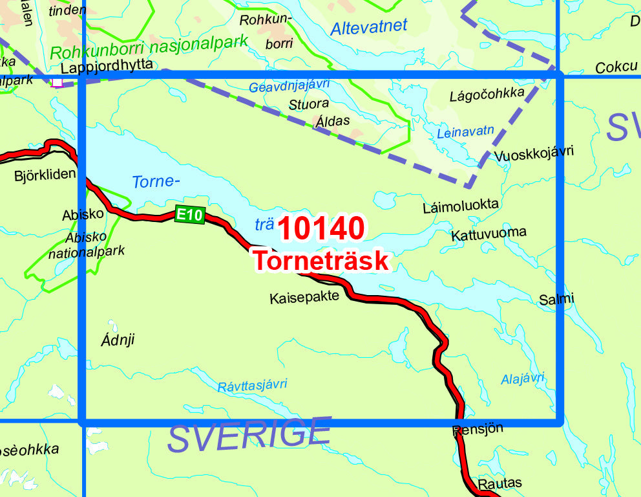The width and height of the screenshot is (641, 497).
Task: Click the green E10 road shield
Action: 189,215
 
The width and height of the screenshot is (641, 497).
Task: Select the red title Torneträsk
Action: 321,260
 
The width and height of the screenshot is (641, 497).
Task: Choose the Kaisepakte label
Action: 304,298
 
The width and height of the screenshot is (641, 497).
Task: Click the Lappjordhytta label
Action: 107,65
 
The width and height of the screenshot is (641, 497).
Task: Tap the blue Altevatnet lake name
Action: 368,27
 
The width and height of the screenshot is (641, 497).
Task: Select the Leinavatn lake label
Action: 465,132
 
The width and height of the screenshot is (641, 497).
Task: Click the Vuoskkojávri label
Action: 534,153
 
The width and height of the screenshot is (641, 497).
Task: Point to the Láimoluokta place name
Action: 461,206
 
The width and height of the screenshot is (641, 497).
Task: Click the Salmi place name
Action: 556,298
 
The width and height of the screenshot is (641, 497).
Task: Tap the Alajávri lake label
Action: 523,378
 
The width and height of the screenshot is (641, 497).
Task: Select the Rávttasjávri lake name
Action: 252,385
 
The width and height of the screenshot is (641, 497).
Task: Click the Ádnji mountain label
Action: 118,339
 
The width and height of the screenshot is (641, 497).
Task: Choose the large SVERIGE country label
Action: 249,436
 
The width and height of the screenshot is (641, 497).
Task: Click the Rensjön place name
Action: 478,428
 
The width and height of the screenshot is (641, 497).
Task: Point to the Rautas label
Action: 499,483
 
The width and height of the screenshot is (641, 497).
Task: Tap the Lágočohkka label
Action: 487,95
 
